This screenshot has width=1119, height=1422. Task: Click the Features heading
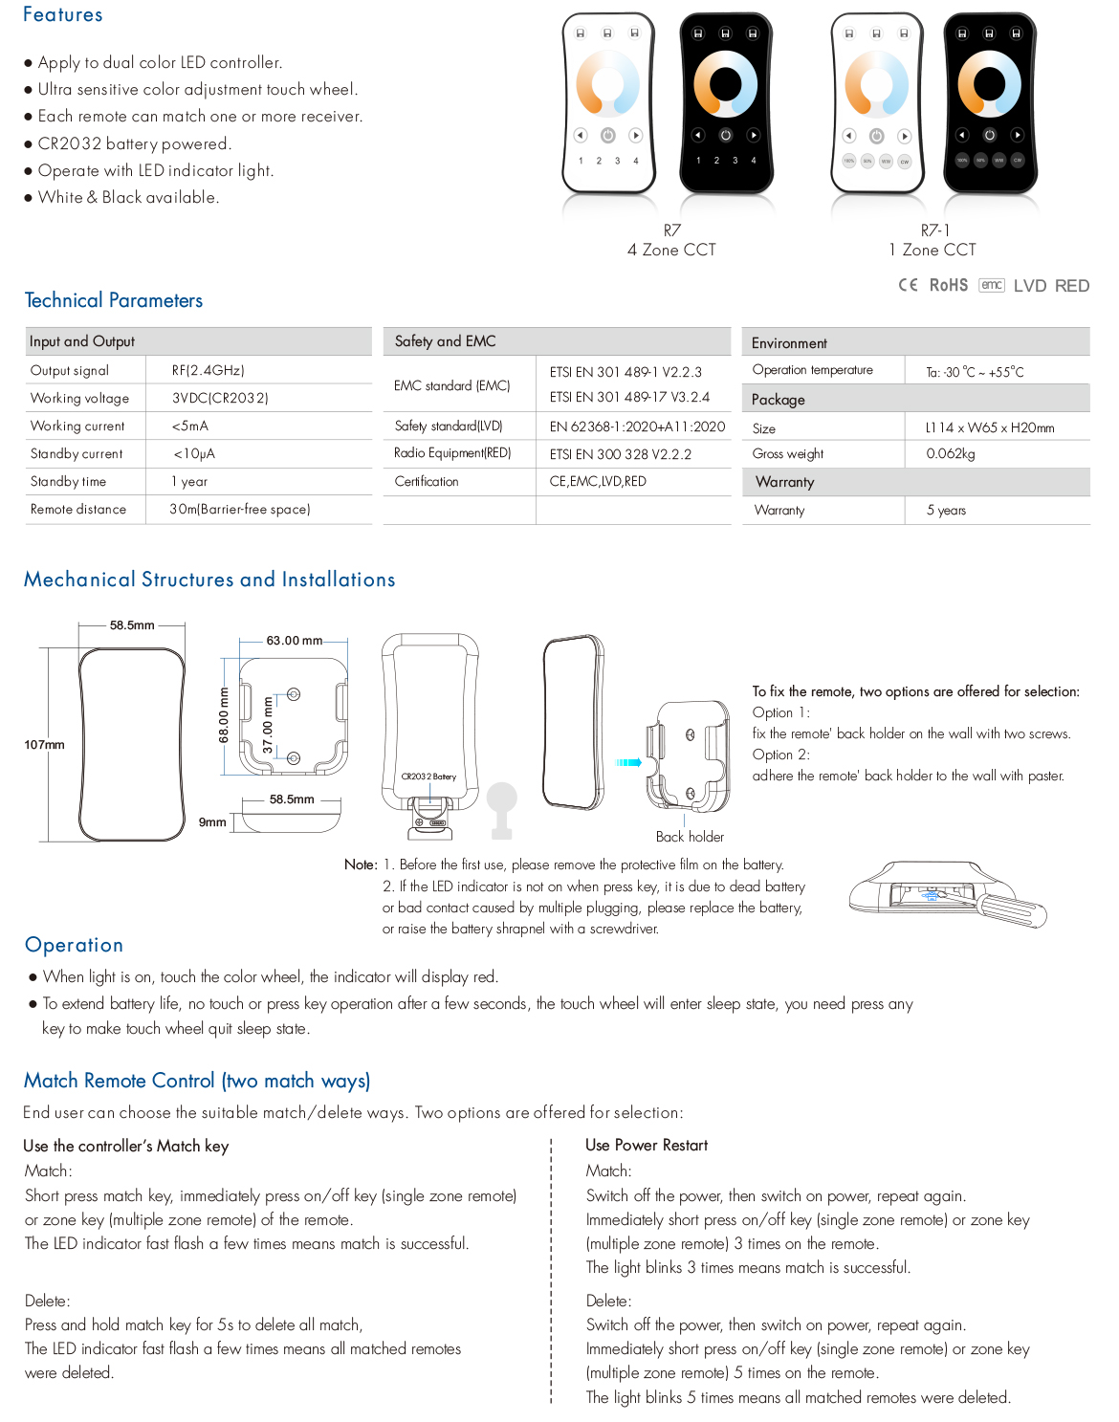click(x=62, y=15)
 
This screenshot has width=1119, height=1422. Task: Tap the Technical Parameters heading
click(x=114, y=300)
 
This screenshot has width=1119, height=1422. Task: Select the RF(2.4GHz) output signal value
click(x=208, y=370)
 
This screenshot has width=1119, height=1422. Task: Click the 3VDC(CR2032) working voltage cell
click(x=220, y=398)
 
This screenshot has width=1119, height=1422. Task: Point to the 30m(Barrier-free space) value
click(x=240, y=509)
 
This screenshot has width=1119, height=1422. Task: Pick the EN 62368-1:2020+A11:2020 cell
click(x=637, y=427)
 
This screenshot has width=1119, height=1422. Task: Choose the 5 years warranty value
click(x=946, y=510)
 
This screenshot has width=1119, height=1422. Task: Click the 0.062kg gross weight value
click(x=950, y=453)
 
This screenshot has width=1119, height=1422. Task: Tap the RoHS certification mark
click(x=948, y=285)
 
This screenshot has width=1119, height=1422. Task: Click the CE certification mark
click(x=908, y=285)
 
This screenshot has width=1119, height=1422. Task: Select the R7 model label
click(x=671, y=230)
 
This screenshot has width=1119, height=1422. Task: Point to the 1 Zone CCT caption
click(x=932, y=250)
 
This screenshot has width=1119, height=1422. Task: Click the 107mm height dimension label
click(x=44, y=745)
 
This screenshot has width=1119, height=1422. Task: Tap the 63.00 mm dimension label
click(x=294, y=641)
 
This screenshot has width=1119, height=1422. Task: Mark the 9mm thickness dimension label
click(x=212, y=822)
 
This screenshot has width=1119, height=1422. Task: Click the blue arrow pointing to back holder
click(x=628, y=762)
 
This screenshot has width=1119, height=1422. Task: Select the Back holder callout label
click(x=690, y=837)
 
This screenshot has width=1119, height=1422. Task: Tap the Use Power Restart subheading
click(x=647, y=1145)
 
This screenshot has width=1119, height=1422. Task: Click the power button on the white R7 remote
click(x=608, y=136)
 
